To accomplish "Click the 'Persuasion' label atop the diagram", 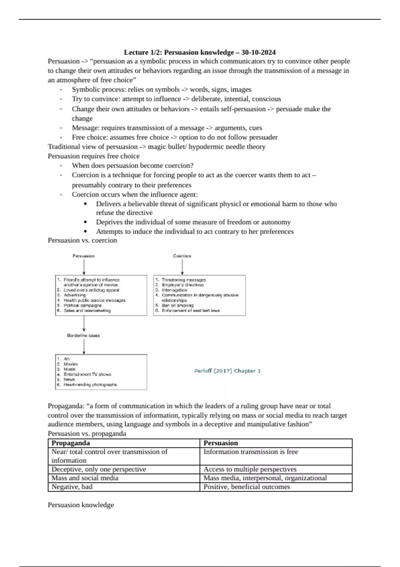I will [x=83, y=256].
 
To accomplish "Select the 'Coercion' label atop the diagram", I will [x=182, y=256].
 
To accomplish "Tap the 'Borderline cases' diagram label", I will [x=83, y=336].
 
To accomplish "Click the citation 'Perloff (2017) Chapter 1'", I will [x=227, y=371].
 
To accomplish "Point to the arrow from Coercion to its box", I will [x=182, y=267].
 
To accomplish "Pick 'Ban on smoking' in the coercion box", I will [x=177, y=306].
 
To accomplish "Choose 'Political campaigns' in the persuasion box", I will [x=83, y=306].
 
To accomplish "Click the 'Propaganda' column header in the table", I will [x=71, y=443].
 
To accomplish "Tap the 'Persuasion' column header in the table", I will [x=221, y=443].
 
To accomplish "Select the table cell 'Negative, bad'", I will [x=72, y=487].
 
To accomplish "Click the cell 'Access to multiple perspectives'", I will [x=250, y=469].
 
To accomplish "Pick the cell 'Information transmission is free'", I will [x=251, y=452].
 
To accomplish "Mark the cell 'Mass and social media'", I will [x=85, y=478].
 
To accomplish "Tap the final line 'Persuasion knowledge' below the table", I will [x=81, y=505].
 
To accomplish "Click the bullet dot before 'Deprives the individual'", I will [x=86, y=222].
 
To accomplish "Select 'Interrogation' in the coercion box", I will [x=174, y=290].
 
